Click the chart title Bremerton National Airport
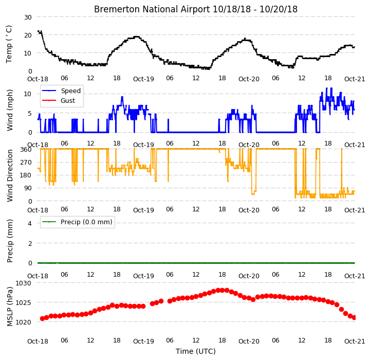(152, 9)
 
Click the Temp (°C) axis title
(9, 44)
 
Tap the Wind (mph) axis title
(10, 110)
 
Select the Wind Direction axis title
(10, 175)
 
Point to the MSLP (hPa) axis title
(10, 307)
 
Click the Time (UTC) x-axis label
(196, 351)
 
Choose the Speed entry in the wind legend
(61, 91)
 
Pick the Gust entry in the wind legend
(58, 101)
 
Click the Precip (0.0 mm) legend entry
(77, 222)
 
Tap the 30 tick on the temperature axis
(28, 17)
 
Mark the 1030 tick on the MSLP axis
(23, 283)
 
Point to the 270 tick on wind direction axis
(26, 163)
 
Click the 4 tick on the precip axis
(30, 223)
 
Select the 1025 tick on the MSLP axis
(23, 302)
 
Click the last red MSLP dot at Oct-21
(354, 318)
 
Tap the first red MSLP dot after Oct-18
(42, 319)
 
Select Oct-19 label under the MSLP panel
(143, 341)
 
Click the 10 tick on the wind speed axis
(28, 94)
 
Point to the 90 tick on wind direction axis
(28, 188)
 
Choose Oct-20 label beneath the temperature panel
(249, 79)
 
